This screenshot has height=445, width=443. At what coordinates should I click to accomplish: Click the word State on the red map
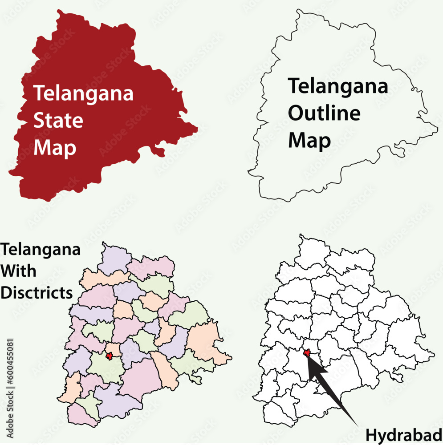(58, 121)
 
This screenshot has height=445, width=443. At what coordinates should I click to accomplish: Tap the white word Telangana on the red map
(83, 93)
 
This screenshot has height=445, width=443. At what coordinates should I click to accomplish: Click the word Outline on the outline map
(324, 113)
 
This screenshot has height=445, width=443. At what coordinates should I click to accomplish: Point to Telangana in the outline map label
(338, 86)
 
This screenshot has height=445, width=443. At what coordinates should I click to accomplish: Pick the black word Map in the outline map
(309, 140)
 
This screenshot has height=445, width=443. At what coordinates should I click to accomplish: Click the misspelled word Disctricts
(37, 292)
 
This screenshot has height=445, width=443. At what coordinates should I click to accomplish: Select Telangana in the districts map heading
(41, 250)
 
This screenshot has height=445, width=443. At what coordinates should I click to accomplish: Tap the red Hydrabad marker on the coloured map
(109, 356)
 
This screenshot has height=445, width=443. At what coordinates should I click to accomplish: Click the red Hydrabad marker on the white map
(307, 352)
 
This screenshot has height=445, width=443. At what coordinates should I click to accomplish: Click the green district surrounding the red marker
(105, 369)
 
